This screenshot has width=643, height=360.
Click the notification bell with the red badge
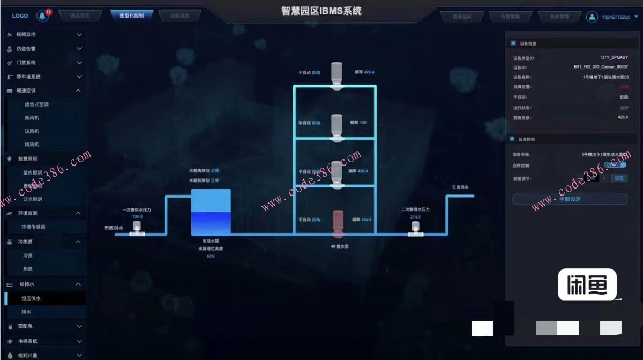click(x=42, y=16)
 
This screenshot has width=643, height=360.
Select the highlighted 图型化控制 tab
click(x=132, y=16)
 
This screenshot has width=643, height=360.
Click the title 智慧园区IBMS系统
click(x=322, y=11)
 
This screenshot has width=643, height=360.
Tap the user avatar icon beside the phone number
click(x=592, y=17)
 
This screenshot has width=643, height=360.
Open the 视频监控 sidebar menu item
click(x=26, y=35)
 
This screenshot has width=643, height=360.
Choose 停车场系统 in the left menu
click(x=28, y=77)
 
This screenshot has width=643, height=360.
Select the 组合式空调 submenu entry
click(x=36, y=104)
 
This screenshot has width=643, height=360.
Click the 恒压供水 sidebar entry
click(x=31, y=298)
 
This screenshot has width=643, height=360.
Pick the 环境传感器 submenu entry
click(x=33, y=227)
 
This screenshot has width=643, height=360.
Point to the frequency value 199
click(x=363, y=123)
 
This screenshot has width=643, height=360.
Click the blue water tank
click(x=211, y=212)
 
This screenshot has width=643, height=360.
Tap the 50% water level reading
click(x=211, y=257)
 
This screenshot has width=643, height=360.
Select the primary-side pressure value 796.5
click(x=137, y=217)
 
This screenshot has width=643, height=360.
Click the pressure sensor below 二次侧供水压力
click(x=415, y=228)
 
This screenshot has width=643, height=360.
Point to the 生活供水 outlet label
click(x=460, y=187)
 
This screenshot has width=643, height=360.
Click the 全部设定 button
click(x=570, y=199)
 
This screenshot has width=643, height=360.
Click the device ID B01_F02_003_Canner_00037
click(x=601, y=67)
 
